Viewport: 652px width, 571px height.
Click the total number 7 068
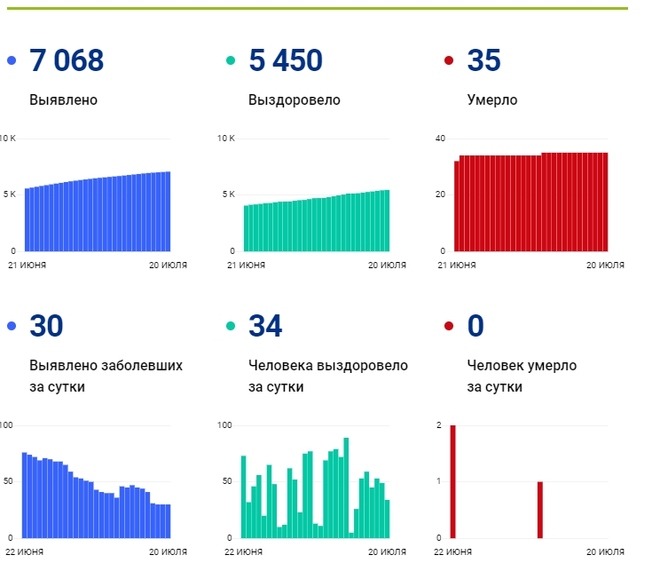(x=67, y=60)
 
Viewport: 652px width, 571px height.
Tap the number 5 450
(x=286, y=60)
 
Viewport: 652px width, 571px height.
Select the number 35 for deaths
(x=484, y=60)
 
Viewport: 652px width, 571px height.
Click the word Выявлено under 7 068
(x=63, y=99)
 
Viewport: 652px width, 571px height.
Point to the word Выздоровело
(x=295, y=100)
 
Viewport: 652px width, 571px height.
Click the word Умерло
(x=492, y=100)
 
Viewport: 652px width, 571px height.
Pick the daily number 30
(x=46, y=325)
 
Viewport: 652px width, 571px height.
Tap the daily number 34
(x=265, y=325)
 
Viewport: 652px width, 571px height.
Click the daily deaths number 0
(x=475, y=325)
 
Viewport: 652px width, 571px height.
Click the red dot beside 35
(x=449, y=60)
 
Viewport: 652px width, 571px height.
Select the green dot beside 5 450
(x=231, y=60)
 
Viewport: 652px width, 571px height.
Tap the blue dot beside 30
(x=12, y=326)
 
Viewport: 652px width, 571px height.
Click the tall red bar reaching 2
(x=452, y=481)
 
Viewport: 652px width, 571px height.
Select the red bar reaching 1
(x=539, y=510)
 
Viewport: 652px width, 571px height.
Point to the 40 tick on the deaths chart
(x=440, y=139)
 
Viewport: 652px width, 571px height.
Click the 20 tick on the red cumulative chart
(x=440, y=194)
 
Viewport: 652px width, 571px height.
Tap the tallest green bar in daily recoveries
(x=346, y=488)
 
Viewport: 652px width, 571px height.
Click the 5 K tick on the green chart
(x=229, y=194)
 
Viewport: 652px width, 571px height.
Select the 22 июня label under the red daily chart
(x=452, y=552)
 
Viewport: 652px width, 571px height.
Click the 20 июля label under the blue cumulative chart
(x=168, y=266)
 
